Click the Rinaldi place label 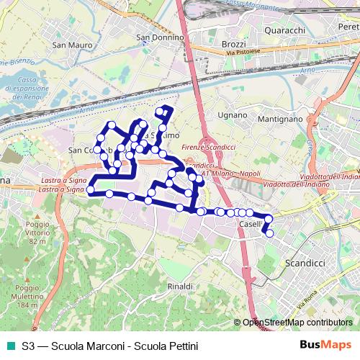[180, 287]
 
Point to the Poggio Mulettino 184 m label [27, 296]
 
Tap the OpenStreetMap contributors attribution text [297, 323]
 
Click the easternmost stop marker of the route [270, 233]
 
